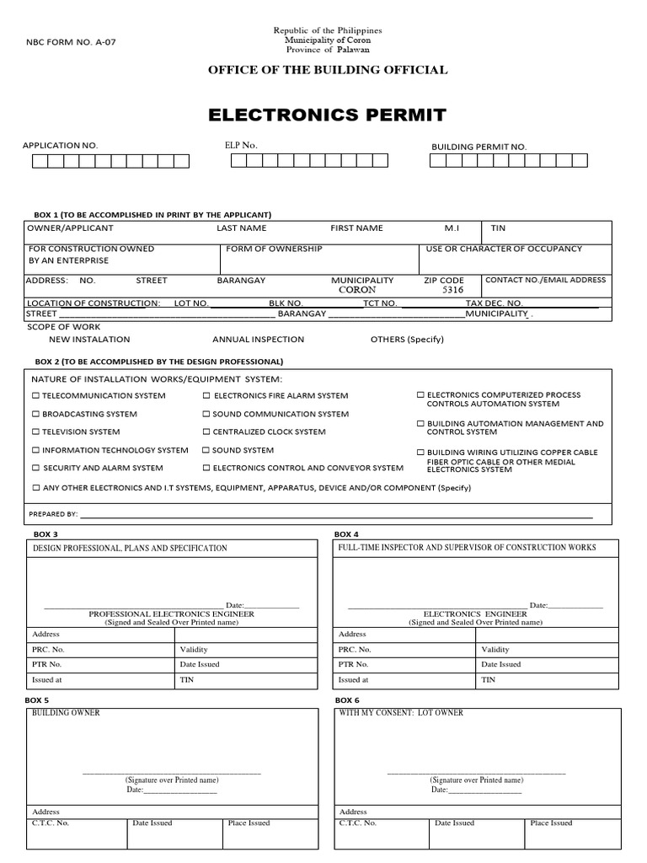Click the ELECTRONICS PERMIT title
pyautogui.click(x=327, y=115)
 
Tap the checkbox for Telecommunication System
pyautogui.click(x=35, y=395)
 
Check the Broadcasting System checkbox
pyautogui.click(x=35, y=414)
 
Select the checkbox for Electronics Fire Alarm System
pyautogui.click(x=206, y=395)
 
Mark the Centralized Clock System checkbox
pyautogui.click(x=206, y=431)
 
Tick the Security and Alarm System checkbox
pyautogui.click(x=35, y=468)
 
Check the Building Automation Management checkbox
pyautogui.click(x=421, y=424)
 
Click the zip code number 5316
pyautogui.click(x=453, y=289)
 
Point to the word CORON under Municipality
pyautogui.click(x=357, y=289)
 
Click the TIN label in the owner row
pyautogui.click(x=499, y=228)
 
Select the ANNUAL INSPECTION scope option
pyautogui.click(x=258, y=339)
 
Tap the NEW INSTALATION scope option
pyautogui.click(x=89, y=339)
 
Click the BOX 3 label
pyautogui.click(x=46, y=534)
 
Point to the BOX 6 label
pyautogui.click(x=347, y=700)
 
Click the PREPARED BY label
pyautogui.click(x=53, y=513)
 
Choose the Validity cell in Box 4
pyautogui.click(x=495, y=650)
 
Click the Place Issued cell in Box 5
pyautogui.click(x=249, y=823)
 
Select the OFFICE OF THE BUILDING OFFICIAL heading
pyautogui.click(x=328, y=70)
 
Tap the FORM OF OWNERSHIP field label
pyautogui.click(x=275, y=249)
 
